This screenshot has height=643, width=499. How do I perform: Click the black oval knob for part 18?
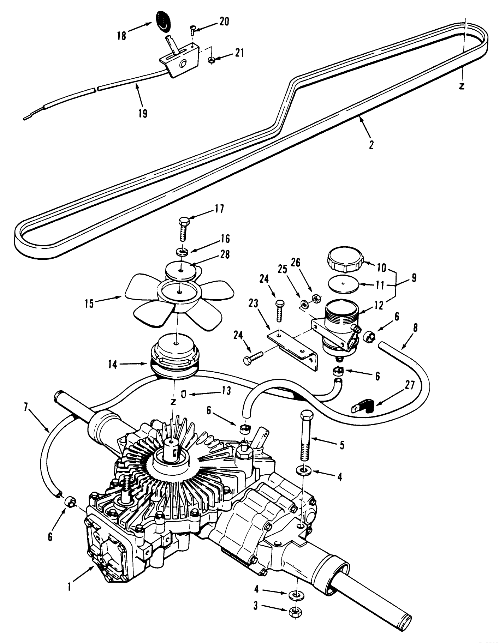tap(164, 21)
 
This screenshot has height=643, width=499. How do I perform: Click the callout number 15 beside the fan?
tap(89, 304)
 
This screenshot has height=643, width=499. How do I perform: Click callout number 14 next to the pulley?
tap(112, 365)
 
